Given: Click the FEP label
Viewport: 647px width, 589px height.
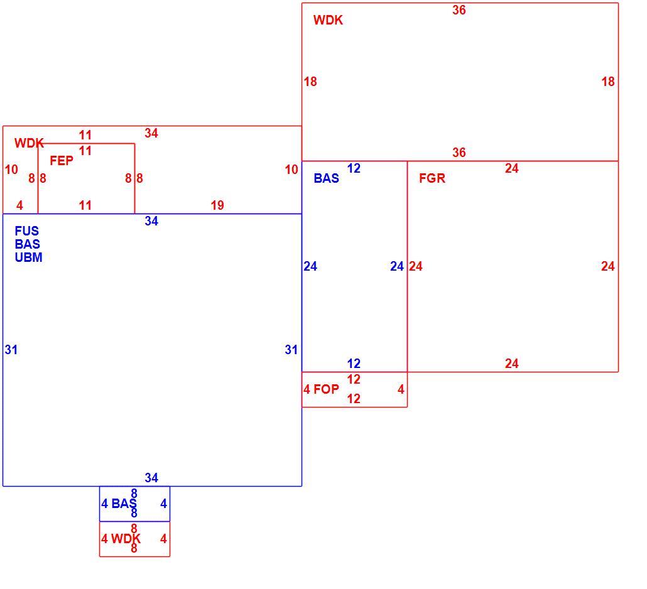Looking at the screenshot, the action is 62,161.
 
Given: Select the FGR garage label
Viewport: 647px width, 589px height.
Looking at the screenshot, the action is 432,178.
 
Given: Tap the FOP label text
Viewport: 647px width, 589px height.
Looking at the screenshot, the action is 327,389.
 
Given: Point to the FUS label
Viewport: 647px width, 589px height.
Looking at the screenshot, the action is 27,230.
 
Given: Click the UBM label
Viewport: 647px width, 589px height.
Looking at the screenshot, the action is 28,257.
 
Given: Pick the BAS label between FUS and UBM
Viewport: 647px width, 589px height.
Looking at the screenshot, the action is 27,244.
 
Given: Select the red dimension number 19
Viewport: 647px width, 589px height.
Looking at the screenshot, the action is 217,205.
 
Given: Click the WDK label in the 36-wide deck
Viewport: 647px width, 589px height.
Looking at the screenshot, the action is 328,20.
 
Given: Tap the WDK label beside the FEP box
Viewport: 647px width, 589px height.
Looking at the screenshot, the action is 29,143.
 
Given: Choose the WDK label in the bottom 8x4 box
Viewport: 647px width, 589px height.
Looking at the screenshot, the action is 126,538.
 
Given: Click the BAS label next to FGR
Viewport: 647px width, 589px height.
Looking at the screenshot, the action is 327,178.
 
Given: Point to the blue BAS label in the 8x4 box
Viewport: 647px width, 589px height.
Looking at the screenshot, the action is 124,503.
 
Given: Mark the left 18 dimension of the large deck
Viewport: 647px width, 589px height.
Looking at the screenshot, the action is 310,82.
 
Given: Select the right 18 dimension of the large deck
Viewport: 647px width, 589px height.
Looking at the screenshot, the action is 608,82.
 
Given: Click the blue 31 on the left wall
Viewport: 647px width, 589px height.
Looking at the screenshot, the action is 11,350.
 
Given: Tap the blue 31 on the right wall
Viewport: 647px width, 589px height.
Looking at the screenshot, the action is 291,350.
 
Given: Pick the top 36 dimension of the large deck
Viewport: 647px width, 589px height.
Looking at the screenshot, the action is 459,10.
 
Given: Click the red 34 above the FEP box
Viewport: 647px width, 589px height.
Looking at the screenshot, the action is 151,133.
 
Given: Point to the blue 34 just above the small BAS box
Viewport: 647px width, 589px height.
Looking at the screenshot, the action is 151,478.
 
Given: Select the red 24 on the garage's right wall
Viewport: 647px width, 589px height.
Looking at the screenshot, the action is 608,266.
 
